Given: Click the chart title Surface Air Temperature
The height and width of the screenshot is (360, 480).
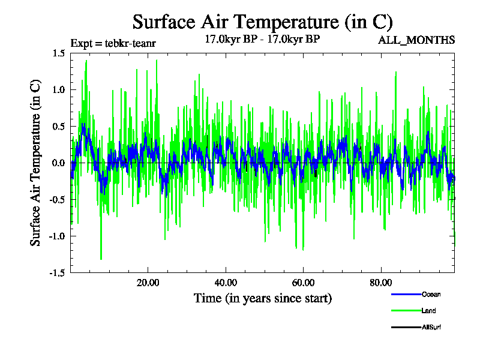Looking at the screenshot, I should tap(262, 22).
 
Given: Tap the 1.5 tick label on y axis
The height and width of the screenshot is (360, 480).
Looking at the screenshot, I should tap(58, 53).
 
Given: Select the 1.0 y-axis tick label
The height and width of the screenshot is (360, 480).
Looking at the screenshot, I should tap(58, 90).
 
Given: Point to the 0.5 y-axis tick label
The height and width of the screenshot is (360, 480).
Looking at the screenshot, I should tap(58, 127).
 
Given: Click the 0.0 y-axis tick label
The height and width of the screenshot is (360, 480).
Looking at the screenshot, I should tap(58, 163).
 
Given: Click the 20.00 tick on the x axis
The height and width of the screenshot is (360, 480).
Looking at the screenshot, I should tap(148, 283).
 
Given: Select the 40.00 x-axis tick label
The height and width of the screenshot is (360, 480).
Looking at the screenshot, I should tap(225, 283).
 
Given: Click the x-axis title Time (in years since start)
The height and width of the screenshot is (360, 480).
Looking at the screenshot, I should tap(263, 298).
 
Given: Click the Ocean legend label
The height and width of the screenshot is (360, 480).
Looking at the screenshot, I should tap(431, 294).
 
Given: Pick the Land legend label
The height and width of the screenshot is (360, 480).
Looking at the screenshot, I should tap(428, 311).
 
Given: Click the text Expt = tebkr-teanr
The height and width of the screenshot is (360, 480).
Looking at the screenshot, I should tap(113, 43).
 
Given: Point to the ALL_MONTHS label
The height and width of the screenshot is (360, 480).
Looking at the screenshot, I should tap(416, 40).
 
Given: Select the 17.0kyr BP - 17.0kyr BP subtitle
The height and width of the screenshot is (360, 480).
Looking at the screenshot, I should tap(262, 40).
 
